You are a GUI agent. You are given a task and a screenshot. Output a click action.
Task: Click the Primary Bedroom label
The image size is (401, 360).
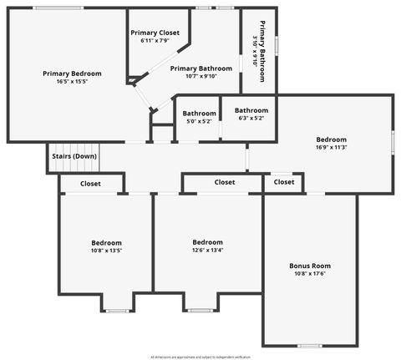pyautogui.click(x=72, y=74)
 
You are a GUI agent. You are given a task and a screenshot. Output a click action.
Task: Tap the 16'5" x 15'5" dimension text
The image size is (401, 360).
pyautogui.click(x=72, y=82)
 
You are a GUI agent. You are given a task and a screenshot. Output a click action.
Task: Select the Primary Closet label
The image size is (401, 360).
pyautogui.click(x=155, y=33)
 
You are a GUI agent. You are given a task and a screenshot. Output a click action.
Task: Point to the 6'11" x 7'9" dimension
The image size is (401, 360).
pyautogui.click(x=155, y=40)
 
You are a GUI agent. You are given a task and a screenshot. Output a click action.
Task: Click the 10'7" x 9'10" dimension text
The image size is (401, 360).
pyautogui.click(x=200, y=76)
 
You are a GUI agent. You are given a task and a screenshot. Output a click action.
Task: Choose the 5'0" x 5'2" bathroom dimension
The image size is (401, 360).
pyautogui.click(x=200, y=121)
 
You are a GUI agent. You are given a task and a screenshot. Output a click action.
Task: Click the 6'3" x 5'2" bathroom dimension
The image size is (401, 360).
pyautogui.click(x=251, y=119)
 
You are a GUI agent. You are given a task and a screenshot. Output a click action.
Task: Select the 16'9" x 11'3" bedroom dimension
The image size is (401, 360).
pyautogui.click(x=331, y=147)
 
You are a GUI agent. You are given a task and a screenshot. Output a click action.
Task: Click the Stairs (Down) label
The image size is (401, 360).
pyautogui.click(x=74, y=156)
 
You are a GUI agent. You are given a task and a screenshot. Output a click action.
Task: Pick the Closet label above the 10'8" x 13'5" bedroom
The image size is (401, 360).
pyautogui.click(x=90, y=184)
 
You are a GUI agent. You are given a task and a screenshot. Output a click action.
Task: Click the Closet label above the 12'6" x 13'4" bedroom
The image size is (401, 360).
pyautogui.click(x=225, y=182)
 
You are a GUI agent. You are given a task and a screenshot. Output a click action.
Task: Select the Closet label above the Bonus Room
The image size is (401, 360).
pyautogui.click(x=284, y=182)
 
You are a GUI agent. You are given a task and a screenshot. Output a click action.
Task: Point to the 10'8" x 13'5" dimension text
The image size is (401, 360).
pyautogui.click(x=106, y=251)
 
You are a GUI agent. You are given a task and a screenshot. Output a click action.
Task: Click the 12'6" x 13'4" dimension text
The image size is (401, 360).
pyautogui.click(x=208, y=250)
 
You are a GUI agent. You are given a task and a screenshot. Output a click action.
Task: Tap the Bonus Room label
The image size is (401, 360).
pyautogui.click(x=310, y=266)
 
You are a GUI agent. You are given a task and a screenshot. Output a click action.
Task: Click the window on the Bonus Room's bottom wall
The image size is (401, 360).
pyautogui.click(x=309, y=345)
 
